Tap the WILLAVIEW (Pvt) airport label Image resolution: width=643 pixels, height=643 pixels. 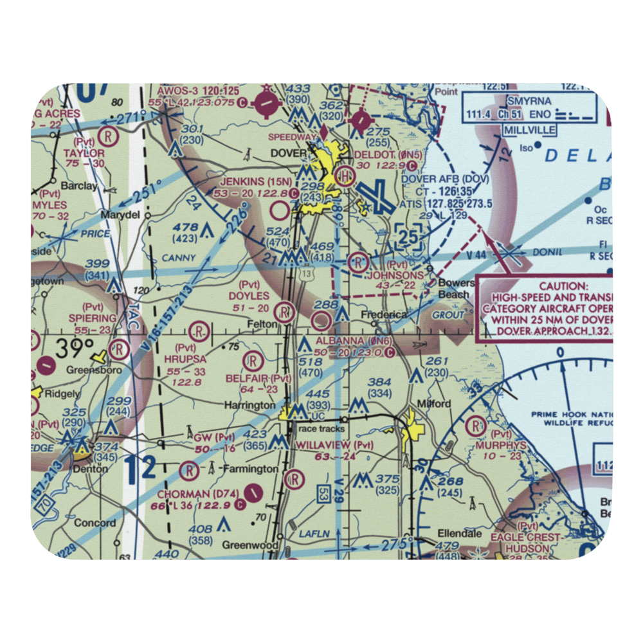click(334, 445)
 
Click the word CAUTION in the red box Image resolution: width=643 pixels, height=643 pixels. click(563, 286)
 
